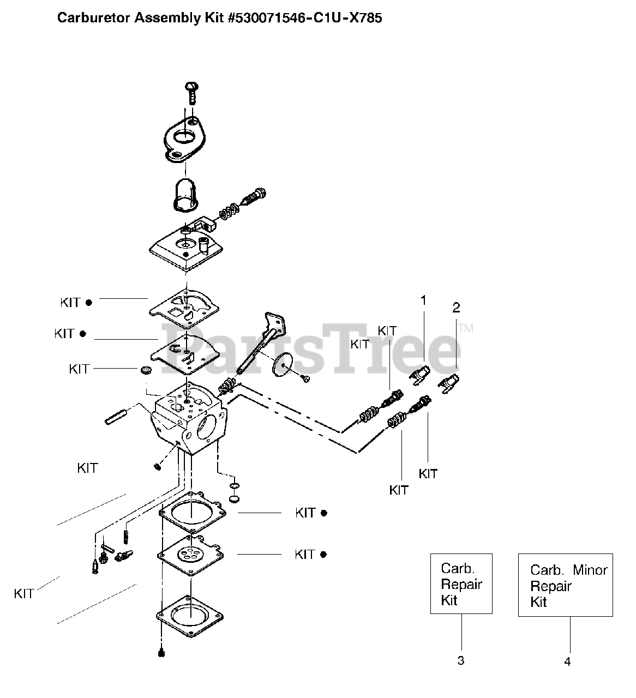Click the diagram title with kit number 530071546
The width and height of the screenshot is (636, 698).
pos(219,18)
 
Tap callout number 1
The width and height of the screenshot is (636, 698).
pos(423,300)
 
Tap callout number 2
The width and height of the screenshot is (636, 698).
pos(456,308)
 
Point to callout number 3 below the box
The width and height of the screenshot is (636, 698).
pos(461,660)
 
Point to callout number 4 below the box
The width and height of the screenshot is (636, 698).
pos(567,661)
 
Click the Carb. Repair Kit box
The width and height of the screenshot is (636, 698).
pos(461,584)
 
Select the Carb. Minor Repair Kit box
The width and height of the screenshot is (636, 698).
pos(565,586)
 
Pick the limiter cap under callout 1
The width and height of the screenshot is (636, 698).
pos(419,376)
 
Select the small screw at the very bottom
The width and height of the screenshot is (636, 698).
pos(160,653)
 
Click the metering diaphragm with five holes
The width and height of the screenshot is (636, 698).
pos(191,555)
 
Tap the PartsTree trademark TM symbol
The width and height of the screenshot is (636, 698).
pos(465,328)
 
